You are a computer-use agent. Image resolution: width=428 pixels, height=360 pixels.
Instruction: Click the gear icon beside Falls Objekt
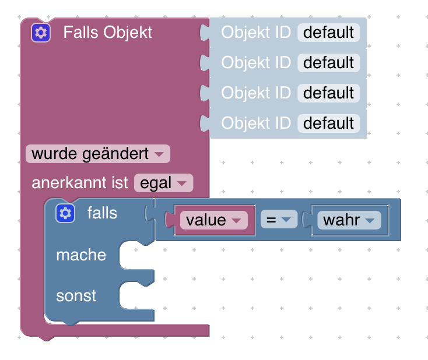pos(41,33)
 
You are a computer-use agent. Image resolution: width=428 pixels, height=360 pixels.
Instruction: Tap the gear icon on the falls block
pos(65,214)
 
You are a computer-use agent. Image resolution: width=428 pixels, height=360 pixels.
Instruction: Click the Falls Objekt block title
pos(107,33)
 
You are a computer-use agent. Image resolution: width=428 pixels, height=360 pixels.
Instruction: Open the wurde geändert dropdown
pos(97,154)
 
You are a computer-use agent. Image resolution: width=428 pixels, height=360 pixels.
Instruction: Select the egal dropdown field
pos(163,183)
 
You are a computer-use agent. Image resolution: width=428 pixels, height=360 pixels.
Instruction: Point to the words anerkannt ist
pos(79,183)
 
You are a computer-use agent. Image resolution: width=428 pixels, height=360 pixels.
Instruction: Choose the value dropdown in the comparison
pos(213,220)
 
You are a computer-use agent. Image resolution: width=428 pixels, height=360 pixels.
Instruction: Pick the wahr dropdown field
pos(349,220)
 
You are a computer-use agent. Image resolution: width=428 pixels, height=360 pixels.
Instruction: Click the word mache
pos(81,255)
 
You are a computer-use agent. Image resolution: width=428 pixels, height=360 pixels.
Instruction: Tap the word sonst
pos(76,296)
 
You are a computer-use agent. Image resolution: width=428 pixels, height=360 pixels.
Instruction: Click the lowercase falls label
pos(102,213)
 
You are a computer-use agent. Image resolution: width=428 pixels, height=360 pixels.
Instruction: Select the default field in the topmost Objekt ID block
pos(328,33)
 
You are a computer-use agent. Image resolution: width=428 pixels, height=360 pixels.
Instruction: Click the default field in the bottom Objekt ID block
pos(328,123)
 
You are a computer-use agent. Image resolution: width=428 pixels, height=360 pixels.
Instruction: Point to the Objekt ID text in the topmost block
pos(255,33)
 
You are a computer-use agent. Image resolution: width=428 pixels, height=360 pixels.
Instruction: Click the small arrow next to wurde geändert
pos(159,154)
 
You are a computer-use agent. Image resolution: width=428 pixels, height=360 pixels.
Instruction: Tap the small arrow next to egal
pos(182,184)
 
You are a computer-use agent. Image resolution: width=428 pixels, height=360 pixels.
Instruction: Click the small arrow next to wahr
pos(369,221)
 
